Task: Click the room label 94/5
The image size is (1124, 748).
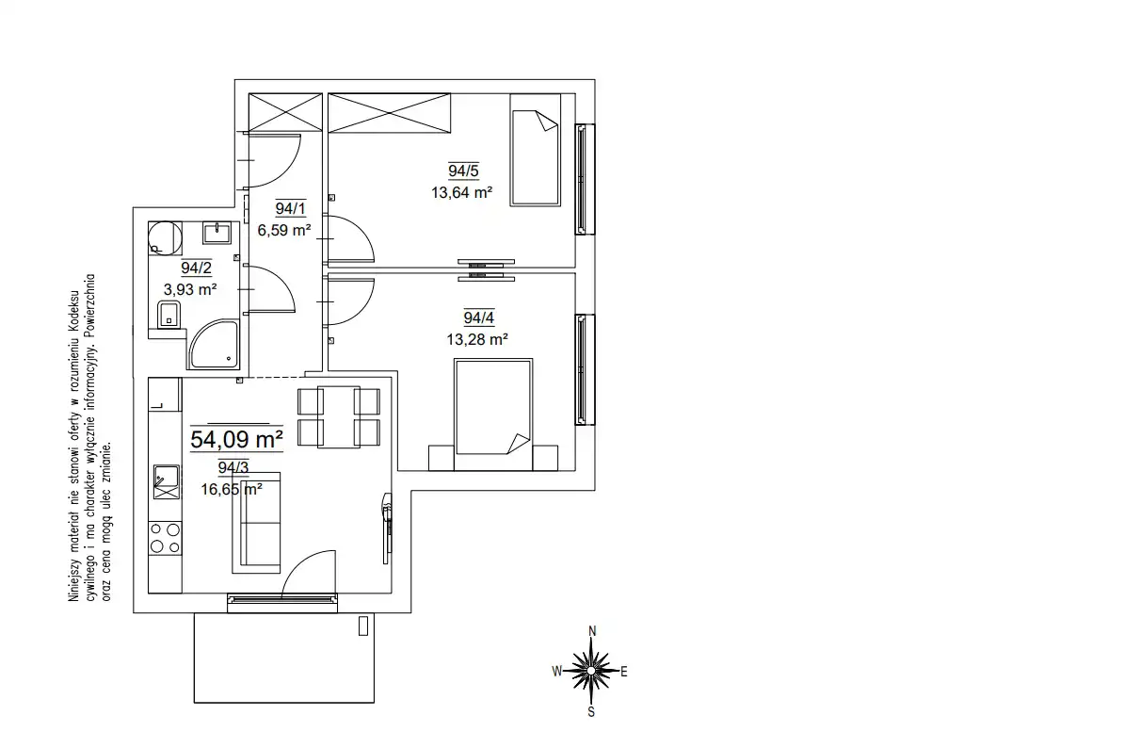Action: [x=463, y=171]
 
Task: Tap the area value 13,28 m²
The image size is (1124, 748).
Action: [x=477, y=339]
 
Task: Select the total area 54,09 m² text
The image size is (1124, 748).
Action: [x=236, y=439]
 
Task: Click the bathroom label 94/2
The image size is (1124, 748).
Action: [x=197, y=268]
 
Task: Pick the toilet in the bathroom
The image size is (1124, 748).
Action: [x=169, y=314]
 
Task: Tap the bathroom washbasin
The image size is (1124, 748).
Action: [x=217, y=233]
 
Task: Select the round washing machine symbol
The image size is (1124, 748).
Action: [x=165, y=238]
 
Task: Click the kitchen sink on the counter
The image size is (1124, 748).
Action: [x=167, y=482]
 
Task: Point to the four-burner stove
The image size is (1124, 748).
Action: [x=165, y=538]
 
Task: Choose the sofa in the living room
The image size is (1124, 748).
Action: [x=256, y=523]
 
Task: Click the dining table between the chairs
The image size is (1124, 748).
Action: [x=338, y=416]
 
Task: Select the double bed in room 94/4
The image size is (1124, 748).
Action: [x=493, y=415]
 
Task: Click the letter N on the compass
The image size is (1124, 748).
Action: [x=592, y=631]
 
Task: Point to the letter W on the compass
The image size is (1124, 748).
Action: [x=557, y=672]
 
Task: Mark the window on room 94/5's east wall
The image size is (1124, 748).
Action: [x=585, y=179]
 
